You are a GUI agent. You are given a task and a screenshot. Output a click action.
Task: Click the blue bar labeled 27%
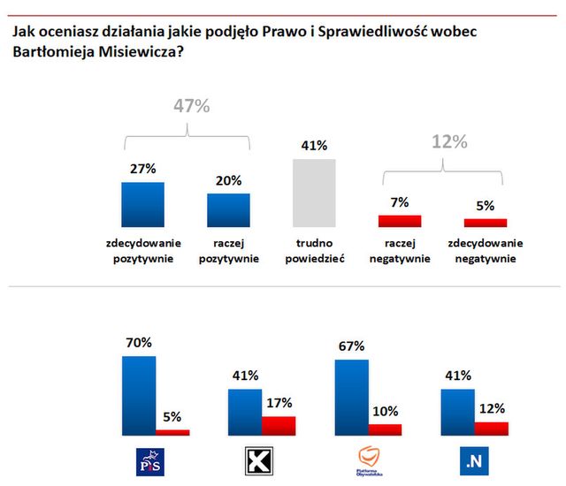pos(142,204)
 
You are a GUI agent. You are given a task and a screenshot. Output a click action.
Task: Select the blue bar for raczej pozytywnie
pos(228,210)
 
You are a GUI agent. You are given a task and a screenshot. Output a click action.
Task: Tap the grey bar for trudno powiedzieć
pos(315,193)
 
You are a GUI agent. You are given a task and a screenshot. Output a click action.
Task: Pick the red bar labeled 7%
pos(400,221)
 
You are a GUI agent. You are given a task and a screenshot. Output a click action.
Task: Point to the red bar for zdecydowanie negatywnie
pos(486,223)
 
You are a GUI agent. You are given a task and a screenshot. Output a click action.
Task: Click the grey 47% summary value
pos(189,107)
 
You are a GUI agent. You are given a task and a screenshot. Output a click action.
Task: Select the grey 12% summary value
pos(449,142)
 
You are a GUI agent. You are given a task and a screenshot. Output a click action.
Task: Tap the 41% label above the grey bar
pos(315,146)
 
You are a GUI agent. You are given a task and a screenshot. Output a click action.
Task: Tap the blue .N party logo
pos(476,459)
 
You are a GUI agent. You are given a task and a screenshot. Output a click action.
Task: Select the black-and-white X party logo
pos(257,459)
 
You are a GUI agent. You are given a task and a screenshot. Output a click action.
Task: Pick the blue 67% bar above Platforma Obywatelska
pos(351,397)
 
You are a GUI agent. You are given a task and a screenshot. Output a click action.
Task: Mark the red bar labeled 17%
pos(279,425)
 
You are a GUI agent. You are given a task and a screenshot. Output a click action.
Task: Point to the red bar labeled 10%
pos(385,429)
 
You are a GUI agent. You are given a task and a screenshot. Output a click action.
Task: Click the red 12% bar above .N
pos(492,428)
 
